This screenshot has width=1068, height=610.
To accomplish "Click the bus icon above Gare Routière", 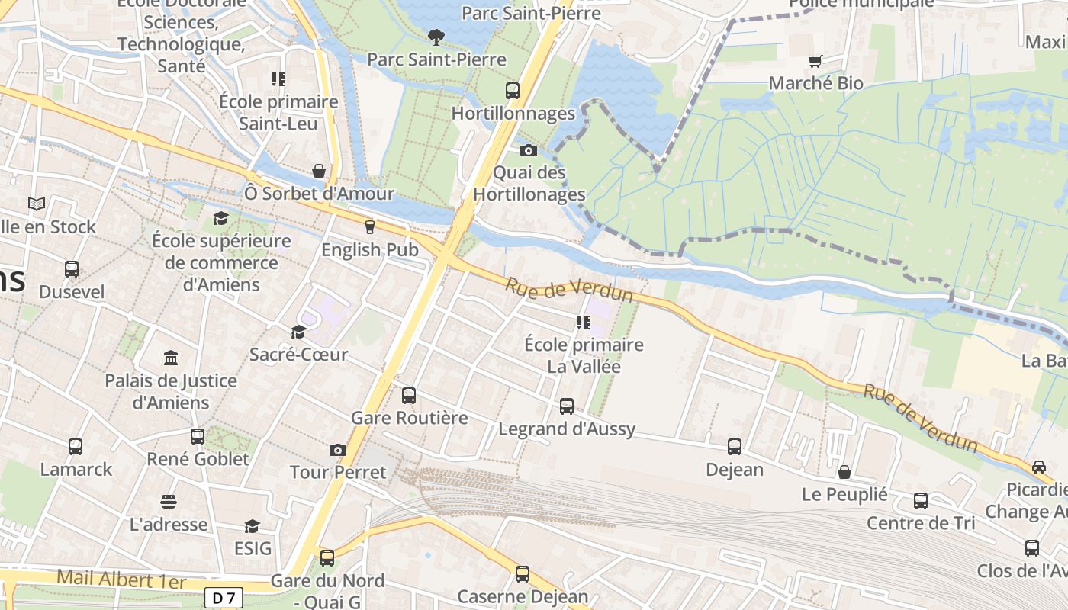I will pyautogui.click(x=409, y=396).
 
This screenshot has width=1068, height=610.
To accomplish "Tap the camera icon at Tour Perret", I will pyautogui.click(x=338, y=451).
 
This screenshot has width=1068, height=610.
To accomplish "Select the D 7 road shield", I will pyautogui.click(x=223, y=599).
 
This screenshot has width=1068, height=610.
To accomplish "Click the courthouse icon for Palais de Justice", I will pyautogui.click(x=171, y=358).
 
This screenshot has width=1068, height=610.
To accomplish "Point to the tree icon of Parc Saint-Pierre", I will pyautogui.click(x=436, y=37).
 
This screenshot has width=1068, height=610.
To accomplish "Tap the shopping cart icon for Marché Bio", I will pyautogui.click(x=816, y=61).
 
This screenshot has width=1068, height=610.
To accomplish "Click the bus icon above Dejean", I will pyautogui.click(x=735, y=447).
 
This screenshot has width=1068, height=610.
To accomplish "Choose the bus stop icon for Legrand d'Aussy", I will pyautogui.click(x=567, y=406).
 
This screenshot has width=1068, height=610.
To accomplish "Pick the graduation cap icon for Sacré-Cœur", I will pyautogui.click(x=298, y=332).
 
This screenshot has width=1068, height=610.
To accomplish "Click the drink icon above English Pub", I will pyautogui.click(x=370, y=227).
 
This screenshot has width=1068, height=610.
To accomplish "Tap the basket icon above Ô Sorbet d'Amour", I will pyautogui.click(x=320, y=171).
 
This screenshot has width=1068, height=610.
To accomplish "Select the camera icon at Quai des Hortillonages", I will pyautogui.click(x=529, y=150).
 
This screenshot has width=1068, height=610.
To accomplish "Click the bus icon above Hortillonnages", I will pyautogui.click(x=513, y=91).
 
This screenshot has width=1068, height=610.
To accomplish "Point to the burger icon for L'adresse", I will pyautogui.click(x=169, y=502).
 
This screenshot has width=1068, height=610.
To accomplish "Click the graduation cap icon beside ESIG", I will pyautogui.click(x=252, y=526).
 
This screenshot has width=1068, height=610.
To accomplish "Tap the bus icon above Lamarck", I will pyautogui.click(x=76, y=447).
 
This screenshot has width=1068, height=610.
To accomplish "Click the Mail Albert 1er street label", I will pyautogui.click(x=121, y=580).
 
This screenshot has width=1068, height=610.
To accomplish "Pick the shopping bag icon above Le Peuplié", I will pyautogui.click(x=844, y=472).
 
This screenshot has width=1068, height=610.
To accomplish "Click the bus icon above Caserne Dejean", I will pyautogui.click(x=523, y=574).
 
